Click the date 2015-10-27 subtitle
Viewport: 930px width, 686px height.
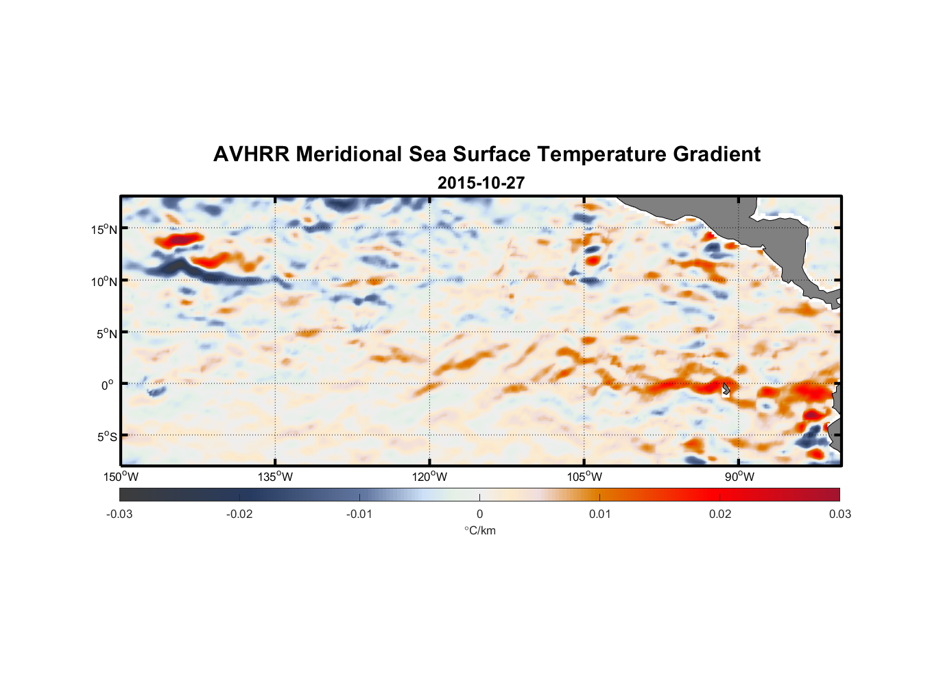point(481,183)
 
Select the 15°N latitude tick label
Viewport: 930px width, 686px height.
point(104,229)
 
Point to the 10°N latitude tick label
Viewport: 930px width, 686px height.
point(104,281)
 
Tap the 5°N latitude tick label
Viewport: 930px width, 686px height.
point(106,333)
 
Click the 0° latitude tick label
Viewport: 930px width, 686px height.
point(107,385)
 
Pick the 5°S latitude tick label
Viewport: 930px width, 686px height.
point(106,436)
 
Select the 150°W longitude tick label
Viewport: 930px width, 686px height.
point(121,477)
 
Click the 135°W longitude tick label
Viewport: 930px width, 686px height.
point(275,477)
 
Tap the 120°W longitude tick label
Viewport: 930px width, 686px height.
point(429,477)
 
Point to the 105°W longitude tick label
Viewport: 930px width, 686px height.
point(584,477)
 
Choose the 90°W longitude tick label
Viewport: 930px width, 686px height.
point(739,477)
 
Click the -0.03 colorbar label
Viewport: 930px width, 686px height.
point(119,514)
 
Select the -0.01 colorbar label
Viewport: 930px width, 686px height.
point(359,514)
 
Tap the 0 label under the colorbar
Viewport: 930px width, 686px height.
point(479,514)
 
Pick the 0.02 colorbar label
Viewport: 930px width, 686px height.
point(720,514)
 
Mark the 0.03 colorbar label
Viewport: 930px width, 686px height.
point(839,514)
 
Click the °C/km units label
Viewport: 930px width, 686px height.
point(479,530)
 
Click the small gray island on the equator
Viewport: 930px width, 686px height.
point(726,389)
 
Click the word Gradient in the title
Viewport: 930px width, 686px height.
point(717,154)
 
